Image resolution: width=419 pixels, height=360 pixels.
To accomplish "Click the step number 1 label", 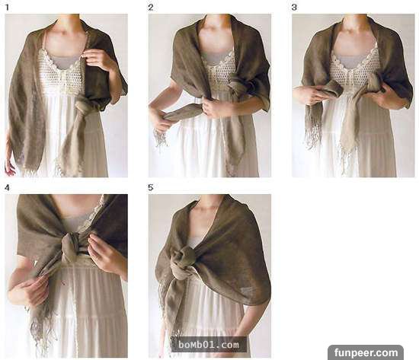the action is pyautogui.click(x=7, y=8).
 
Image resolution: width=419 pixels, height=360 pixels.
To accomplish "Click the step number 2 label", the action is pyautogui.click(x=151, y=8).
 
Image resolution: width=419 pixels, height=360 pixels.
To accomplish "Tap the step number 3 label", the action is pyautogui.click(x=294, y=8).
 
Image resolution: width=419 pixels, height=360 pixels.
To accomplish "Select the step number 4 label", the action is pyautogui.click(x=7, y=188).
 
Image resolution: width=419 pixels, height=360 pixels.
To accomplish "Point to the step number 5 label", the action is pyautogui.click(x=151, y=188).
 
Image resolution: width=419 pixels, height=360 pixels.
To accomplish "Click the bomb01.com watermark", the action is pyautogui.click(x=209, y=345).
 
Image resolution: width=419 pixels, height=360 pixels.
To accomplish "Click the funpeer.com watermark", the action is pyautogui.click(x=366, y=353).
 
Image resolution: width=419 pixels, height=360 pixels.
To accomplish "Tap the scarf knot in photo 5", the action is pyautogui.click(x=183, y=260).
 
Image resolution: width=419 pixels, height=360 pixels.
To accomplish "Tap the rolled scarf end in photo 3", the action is pyautogui.click(x=332, y=90).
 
